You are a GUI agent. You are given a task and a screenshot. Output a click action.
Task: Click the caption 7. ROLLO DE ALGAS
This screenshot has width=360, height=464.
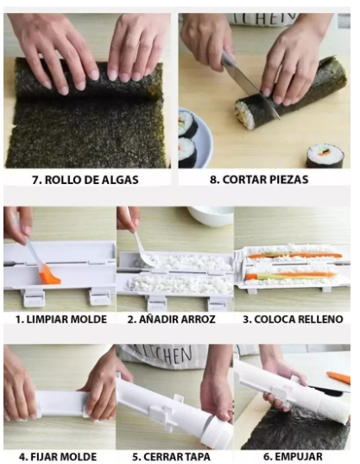[x=85, y=180]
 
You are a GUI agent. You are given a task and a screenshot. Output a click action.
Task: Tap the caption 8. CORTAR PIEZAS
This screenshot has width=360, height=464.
[x=259, y=180]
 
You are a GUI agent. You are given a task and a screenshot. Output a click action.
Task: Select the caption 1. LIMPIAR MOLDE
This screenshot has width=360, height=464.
[x=61, y=320]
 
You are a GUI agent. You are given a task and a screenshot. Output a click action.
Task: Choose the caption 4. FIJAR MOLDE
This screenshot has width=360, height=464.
[x=58, y=456]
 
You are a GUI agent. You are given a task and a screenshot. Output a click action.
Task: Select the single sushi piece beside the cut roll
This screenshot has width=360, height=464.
[x=325, y=156]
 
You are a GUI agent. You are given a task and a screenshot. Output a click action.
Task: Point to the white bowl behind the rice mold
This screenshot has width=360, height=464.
[x=211, y=215]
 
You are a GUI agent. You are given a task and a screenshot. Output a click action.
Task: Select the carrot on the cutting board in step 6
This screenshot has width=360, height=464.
[x=338, y=378]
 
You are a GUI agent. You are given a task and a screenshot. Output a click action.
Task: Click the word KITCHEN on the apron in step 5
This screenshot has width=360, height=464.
[x=162, y=356]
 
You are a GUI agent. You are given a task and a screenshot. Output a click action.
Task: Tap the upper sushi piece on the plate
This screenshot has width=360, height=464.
[x=187, y=123]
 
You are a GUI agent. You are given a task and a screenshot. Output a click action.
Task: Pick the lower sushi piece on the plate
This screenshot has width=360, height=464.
[x=187, y=152]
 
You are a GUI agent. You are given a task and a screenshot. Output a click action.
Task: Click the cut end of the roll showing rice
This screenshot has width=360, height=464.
[x=244, y=115]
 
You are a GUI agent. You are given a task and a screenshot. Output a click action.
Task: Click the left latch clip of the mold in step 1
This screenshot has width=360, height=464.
[x=34, y=298]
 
